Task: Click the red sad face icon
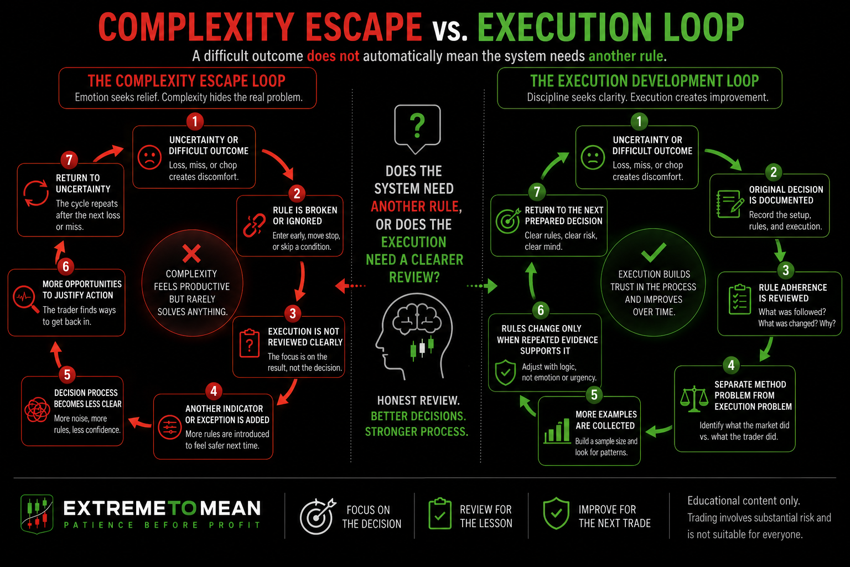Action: point(149,157)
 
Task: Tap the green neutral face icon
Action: point(593,157)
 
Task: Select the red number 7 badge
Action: point(69,160)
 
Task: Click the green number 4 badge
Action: point(731,365)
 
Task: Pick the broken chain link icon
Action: point(254,225)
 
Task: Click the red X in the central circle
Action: point(191,253)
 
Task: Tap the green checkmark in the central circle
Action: point(654,252)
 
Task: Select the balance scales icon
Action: point(694,399)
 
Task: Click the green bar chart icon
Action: point(557,431)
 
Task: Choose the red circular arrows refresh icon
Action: point(35,193)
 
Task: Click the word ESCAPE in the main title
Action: point(364,27)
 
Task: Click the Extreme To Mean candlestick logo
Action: point(37,514)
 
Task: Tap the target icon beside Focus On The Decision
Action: point(318,516)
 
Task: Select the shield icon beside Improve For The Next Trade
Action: point(556,513)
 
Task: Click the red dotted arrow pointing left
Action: point(350,286)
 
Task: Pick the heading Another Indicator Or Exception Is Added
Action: point(227,414)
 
